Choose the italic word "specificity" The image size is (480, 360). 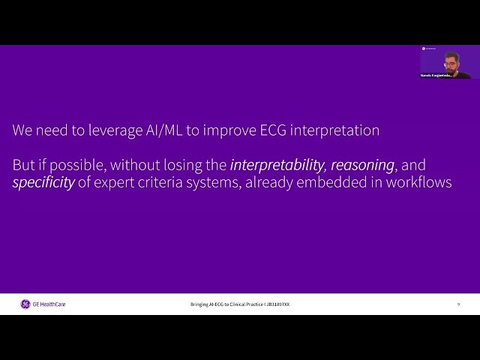click(43, 182)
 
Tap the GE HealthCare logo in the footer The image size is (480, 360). click(43, 304)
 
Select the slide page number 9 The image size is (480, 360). click(458, 304)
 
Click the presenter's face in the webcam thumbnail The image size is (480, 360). click(450, 60)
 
